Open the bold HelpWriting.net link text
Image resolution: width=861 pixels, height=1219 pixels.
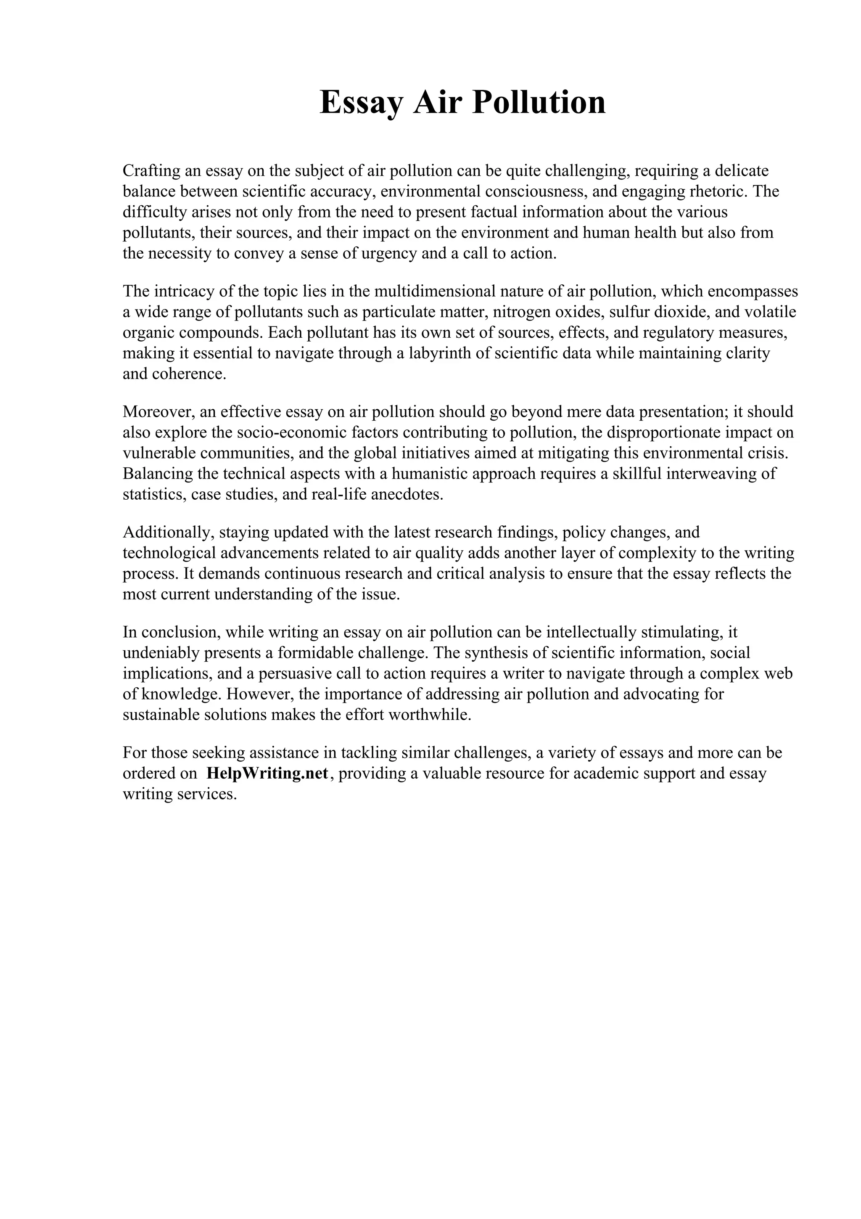tap(267, 773)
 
